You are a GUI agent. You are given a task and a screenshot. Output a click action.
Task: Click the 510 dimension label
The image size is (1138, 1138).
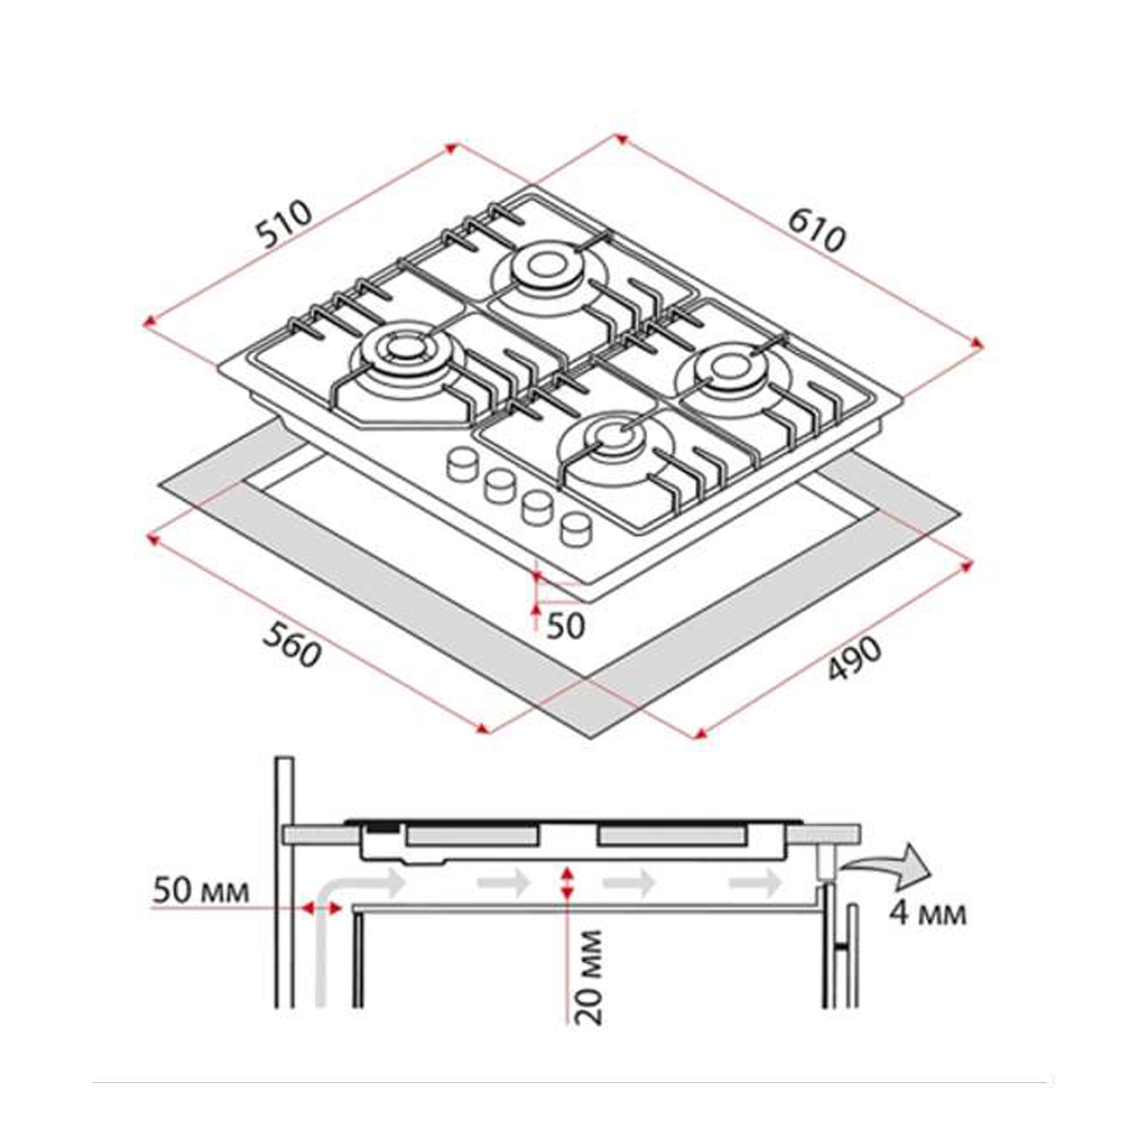[284, 224]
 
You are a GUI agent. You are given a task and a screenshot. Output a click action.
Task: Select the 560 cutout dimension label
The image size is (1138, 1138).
[292, 644]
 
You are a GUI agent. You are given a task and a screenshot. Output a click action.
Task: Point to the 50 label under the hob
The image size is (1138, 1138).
[566, 626]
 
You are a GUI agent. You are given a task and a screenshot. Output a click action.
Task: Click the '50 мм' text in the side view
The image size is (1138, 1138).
[201, 890]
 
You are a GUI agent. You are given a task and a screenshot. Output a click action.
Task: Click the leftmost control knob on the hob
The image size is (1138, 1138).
[461, 464]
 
